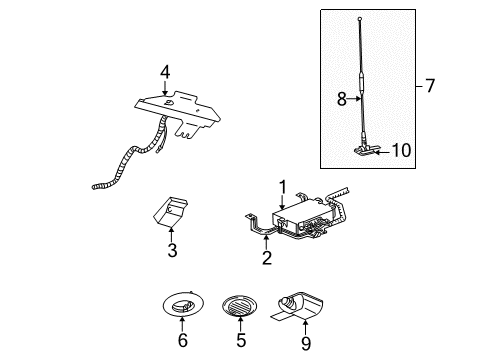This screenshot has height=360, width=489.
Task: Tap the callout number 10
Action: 402,151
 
